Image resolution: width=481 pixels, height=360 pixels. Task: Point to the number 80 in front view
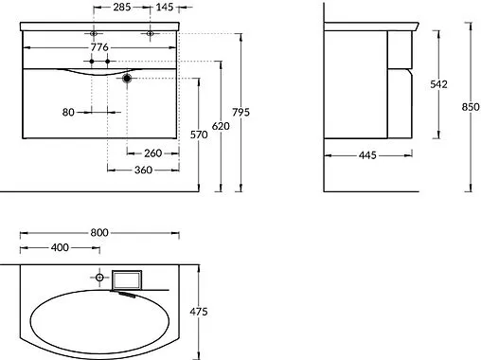click(x=69, y=111)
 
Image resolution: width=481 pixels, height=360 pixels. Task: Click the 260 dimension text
click(x=153, y=153)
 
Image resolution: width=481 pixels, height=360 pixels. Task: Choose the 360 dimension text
click(x=144, y=170)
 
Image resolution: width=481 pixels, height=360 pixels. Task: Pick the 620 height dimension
click(x=222, y=125)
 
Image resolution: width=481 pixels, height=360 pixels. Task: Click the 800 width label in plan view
click(x=98, y=232)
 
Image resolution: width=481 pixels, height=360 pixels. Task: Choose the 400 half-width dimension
click(x=60, y=248)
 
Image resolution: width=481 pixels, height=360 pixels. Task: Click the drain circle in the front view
click(x=126, y=80)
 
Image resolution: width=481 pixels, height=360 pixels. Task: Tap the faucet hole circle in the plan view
click(x=99, y=278)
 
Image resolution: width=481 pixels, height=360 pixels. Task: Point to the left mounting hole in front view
click(x=93, y=34)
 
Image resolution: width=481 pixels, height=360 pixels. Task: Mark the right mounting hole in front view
click(x=150, y=34)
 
